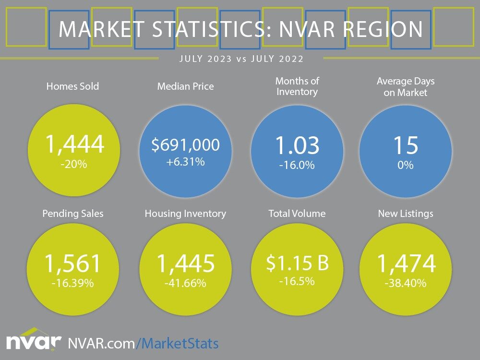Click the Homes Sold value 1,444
[x=74, y=144]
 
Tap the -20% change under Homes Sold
[x=74, y=165]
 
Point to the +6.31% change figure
[x=185, y=162]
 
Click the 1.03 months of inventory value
[x=297, y=145]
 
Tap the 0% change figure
[x=405, y=165]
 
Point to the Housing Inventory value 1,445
[x=185, y=264]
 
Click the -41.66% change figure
[x=185, y=283]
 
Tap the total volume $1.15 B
[x=297, y=263]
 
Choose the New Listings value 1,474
[x=406, y=264]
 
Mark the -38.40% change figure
[x=406, y=283]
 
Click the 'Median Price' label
[x=185, y=86]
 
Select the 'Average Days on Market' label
[x=405, y=87]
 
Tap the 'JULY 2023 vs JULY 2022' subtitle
[x=241, y=59]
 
